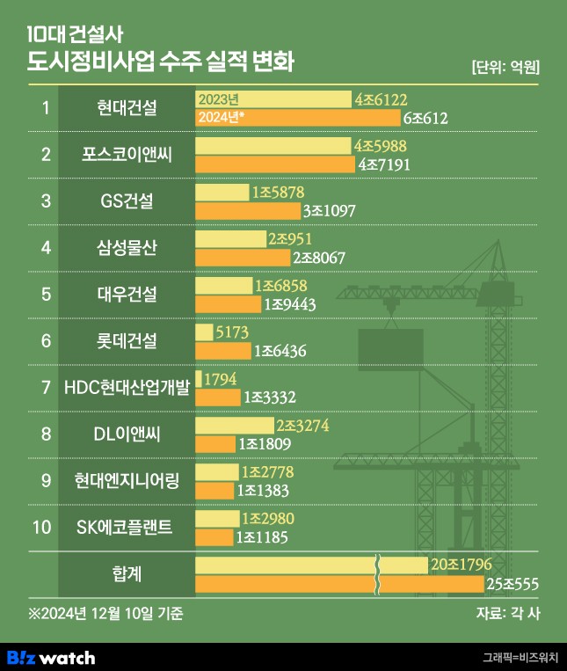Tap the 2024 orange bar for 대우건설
click(227, 304)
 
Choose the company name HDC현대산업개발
click(127, 386)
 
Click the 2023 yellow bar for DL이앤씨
click(234, 425)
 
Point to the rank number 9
click(45, 480)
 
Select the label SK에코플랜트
click(127, 527)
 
